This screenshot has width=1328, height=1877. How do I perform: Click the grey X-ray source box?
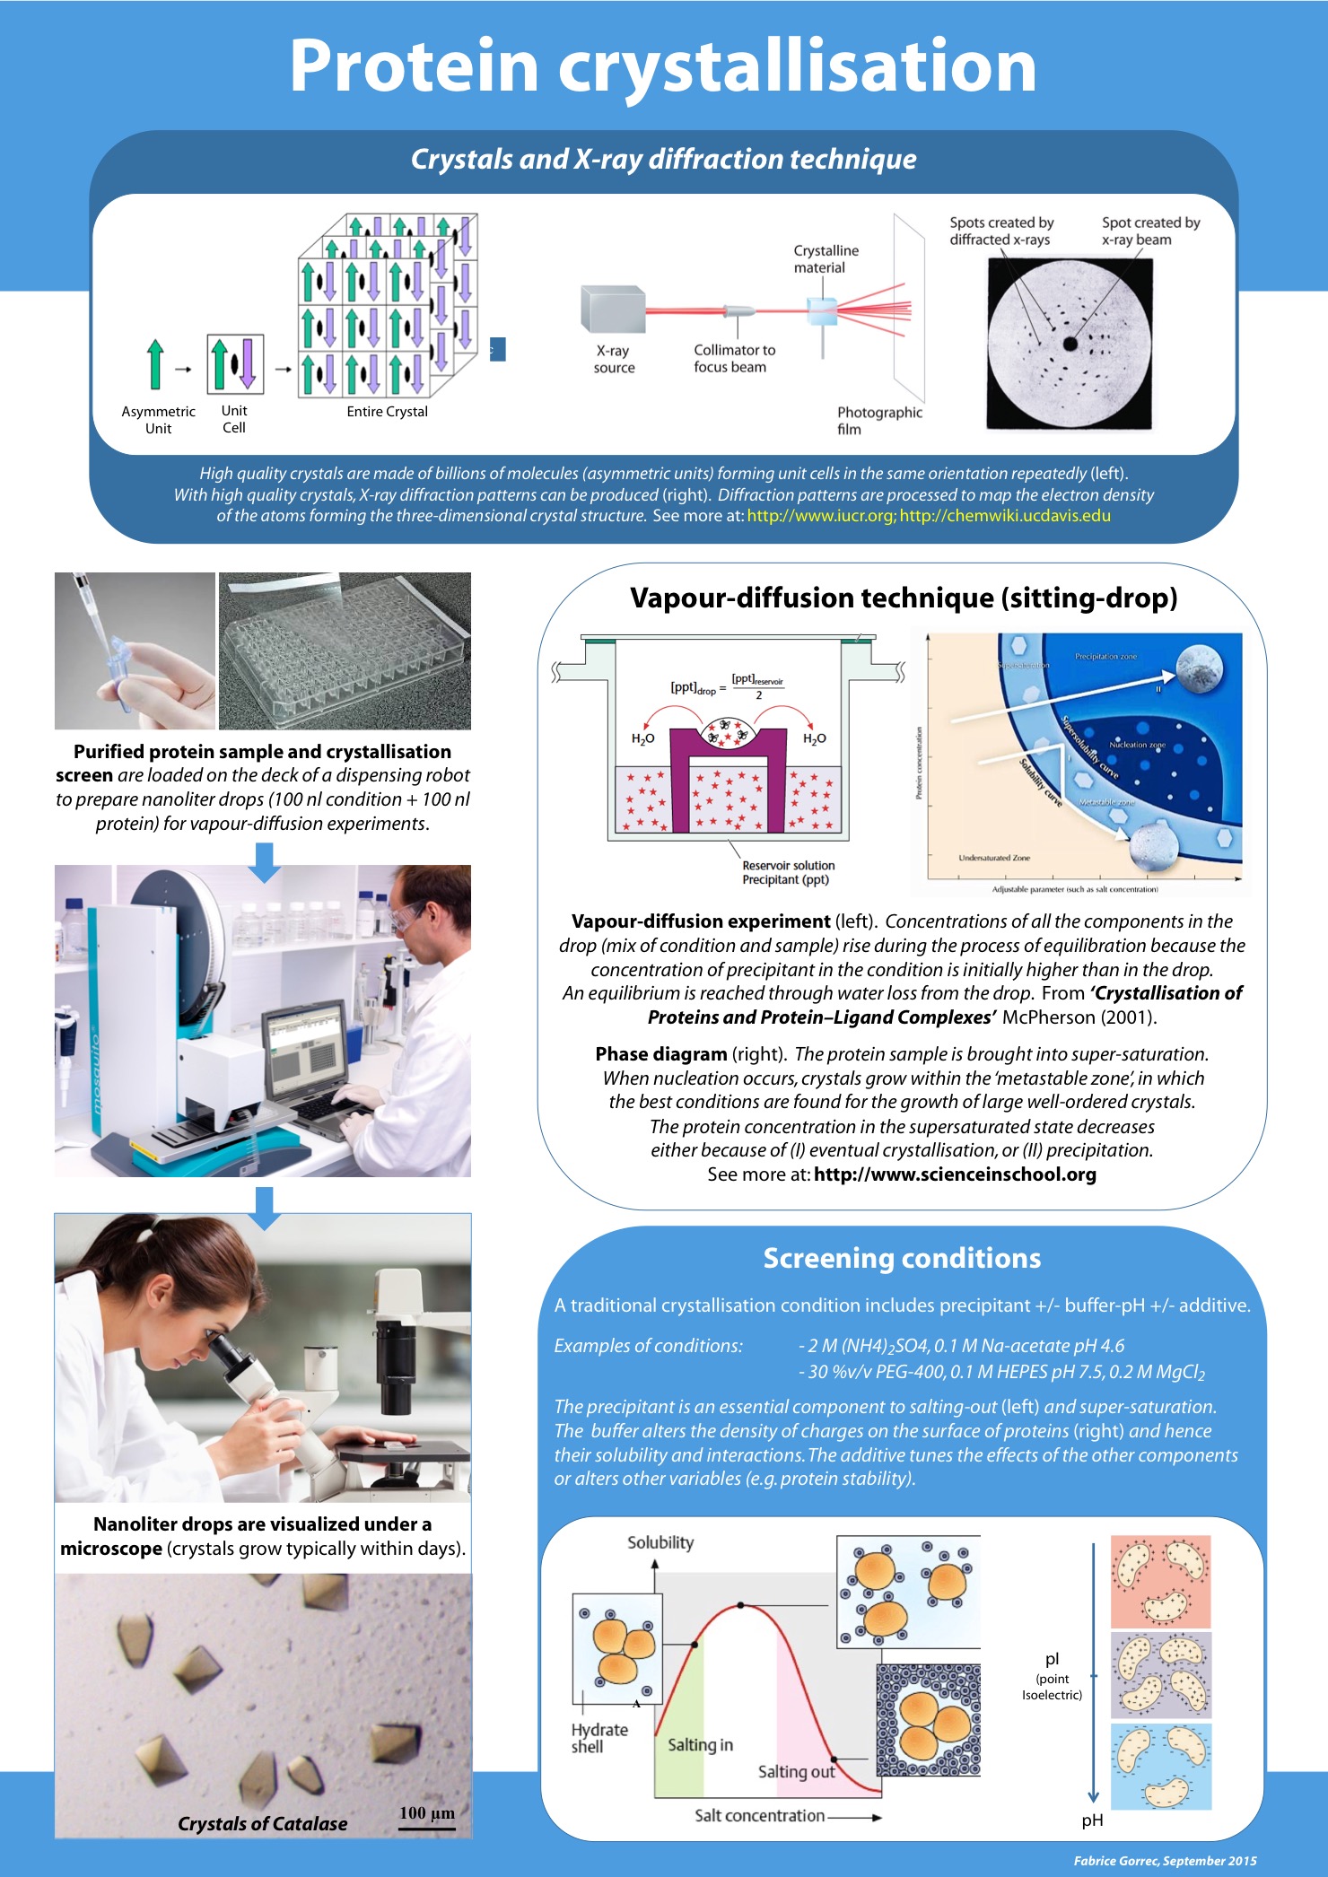point(612,309)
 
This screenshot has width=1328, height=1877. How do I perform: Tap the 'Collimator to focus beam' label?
point(734,358)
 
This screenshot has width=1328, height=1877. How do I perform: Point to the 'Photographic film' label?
point(878,420)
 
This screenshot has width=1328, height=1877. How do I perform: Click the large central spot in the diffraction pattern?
point(1070,344)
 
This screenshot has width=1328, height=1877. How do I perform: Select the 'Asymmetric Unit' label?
point(158,420)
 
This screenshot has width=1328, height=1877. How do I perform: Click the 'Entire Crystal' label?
point(387,412)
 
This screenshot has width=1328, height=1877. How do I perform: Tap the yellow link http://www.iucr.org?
point(819,516)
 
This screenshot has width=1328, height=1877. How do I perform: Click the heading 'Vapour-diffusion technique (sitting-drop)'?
point(903,598)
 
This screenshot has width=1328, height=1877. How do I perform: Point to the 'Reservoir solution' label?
point(788,866)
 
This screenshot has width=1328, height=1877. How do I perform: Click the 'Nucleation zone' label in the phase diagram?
point(1137,745)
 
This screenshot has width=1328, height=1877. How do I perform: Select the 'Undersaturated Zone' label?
point(994,858)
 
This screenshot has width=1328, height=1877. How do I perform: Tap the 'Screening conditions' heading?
point(902,1258)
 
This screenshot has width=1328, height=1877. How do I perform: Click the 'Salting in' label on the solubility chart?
point(700,1744)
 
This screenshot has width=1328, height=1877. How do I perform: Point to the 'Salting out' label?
point(796,1771)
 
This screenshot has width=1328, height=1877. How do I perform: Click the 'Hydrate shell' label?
point(599,1738)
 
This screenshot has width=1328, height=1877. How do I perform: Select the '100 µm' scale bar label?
point(427,1813)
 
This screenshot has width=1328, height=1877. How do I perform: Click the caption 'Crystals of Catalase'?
point(262,1823)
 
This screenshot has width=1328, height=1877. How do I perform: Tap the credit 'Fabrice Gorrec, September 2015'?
point(1165,1861)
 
